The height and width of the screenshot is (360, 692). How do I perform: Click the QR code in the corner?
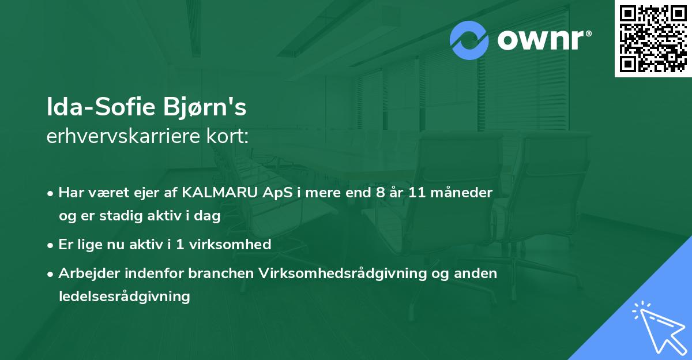click(653, 39)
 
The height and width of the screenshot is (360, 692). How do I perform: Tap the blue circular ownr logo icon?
click(469, 40)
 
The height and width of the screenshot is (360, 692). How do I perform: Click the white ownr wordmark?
click(544, 40)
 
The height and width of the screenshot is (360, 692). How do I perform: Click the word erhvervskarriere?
click(123, 136)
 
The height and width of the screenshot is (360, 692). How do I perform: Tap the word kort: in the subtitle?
click(227, 136)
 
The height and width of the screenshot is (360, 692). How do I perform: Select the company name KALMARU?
click(220, 193)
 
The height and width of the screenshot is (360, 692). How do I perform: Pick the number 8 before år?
click(381, 193)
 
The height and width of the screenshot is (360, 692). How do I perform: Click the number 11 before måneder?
click(417, 193)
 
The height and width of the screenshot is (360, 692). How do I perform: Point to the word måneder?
click(461, 192)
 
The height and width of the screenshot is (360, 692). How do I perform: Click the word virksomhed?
click(230, 244)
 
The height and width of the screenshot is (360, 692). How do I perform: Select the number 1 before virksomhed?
click(180, 245)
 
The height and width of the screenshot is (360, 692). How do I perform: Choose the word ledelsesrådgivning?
click(125, 297)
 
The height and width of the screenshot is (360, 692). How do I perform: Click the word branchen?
click(221, 273)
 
